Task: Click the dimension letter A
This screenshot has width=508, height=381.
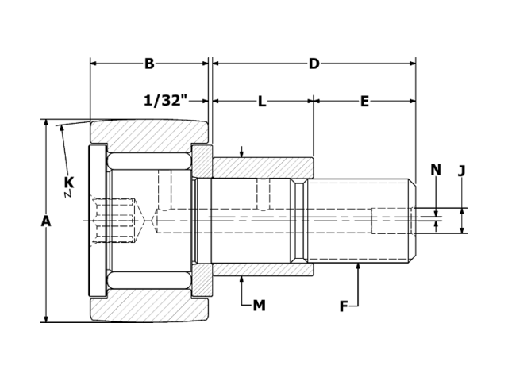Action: (45, 221)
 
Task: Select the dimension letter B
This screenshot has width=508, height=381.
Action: (149, 63)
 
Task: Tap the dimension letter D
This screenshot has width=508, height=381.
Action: (314, 63)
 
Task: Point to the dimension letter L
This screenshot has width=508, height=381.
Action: (262, 101)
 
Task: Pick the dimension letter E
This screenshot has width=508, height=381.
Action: (364, 101)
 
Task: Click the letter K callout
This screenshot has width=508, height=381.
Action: (69, 183)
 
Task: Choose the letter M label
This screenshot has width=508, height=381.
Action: (259, 305)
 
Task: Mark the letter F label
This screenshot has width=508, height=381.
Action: (344, 306)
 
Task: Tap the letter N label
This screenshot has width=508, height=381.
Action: (435, 169)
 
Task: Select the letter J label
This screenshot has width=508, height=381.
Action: (462, 169)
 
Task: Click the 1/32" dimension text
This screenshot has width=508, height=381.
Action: (165, 101)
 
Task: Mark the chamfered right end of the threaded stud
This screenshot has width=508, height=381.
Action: (412, 220)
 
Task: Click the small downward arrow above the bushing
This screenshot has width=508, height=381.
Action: (242, 152)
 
